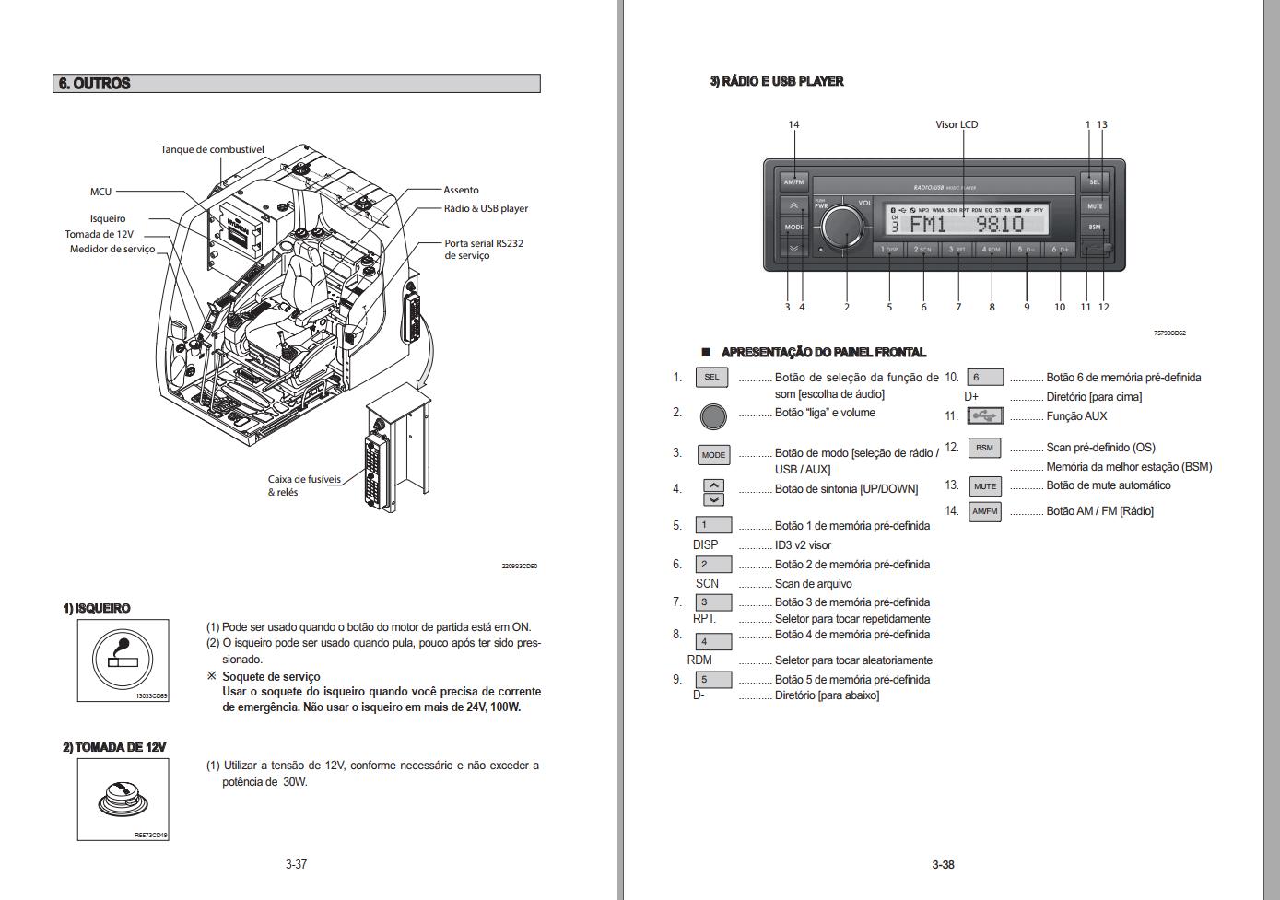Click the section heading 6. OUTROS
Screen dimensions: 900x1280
click(95, 84)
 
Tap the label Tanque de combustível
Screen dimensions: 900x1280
click(212, 149)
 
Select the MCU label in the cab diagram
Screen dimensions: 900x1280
click(100, 192)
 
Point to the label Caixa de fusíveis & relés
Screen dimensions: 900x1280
click(304, 485)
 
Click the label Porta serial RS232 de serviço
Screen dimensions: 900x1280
click(483, 250)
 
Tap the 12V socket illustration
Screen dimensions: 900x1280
click(123, 797)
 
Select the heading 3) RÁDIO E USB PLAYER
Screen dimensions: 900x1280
click(776, 81)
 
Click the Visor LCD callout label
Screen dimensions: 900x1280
click(957, 124)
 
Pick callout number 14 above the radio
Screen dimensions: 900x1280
click(793, 124)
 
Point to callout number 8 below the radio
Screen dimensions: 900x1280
click(992, 307)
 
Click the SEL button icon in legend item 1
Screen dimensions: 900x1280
click(711, 377)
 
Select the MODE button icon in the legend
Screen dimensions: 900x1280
click(713, 455)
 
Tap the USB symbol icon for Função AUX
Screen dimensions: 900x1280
click(984, 416)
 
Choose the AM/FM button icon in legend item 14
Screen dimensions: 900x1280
click(984, 511)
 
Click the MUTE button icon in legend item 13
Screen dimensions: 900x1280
click(984, 486)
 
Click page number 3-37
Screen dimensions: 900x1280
click(296, 864)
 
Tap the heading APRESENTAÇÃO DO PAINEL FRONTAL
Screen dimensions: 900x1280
click(823, 352)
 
